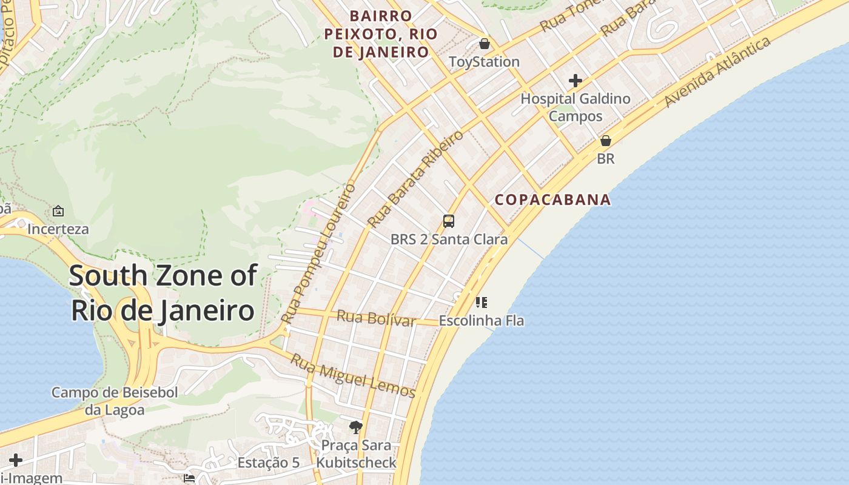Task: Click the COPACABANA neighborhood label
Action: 552,200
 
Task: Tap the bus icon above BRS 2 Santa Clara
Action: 449,221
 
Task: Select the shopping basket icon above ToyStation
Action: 484,44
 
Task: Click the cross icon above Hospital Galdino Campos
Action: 575,80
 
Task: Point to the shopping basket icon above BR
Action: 605,141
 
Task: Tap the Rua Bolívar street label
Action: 376,318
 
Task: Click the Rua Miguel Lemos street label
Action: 352,376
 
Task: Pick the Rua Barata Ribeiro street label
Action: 416,178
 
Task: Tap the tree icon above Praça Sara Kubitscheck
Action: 356,427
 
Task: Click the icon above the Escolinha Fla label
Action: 482,302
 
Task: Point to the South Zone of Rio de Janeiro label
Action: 163,293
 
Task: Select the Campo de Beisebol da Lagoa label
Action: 115,401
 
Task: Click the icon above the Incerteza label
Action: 58,211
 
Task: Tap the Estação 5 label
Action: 268,463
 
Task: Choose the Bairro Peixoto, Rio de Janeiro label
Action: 381,34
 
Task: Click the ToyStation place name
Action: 484,62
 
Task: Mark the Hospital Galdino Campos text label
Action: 576,107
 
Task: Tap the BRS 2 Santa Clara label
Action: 449,239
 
